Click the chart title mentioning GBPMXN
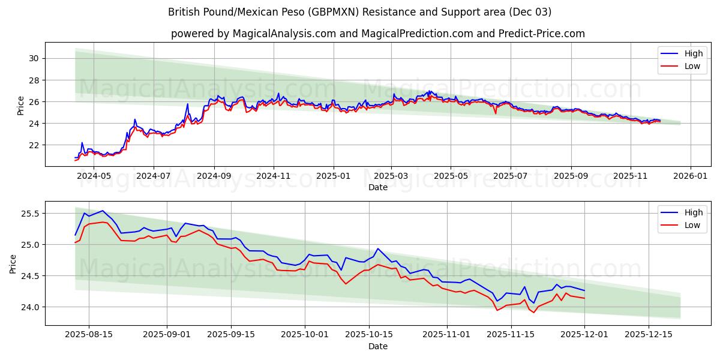click(x=360, y=12)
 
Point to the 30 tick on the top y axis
click(x=34, y=58)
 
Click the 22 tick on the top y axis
click(x=34, y=145)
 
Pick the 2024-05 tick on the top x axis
click(x=94, y=176)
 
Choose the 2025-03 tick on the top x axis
click(x=391, y=176)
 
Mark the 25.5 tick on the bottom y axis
click(x=29, y=214)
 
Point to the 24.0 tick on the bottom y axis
click(x=29, y=307)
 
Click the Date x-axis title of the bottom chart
click(x=377, y=346)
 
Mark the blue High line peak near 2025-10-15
click(x=377, y=248)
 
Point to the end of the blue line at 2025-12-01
click(x=584, y=290)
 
